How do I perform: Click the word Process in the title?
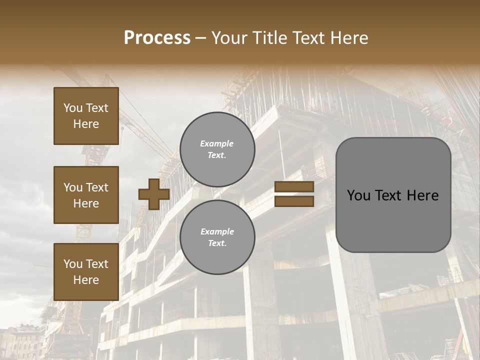(157, 38)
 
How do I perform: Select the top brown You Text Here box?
(86, 116)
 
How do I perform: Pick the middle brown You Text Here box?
(86, 195)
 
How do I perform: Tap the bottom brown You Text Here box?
(86, 271)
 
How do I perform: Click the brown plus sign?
(153, 194)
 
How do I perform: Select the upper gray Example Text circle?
(217, 149)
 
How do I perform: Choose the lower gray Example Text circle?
(217, 237)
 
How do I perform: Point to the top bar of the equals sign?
(294, 187)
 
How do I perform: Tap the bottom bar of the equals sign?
(294, 201)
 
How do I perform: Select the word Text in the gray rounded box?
(391, 195)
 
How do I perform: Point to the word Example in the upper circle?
(217, 143)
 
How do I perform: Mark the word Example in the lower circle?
(217, 231)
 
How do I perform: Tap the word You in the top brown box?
(72, 108)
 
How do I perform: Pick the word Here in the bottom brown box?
(86, 280)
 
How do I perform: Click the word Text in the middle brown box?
(97, 187)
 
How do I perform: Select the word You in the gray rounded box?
(358, 195)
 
